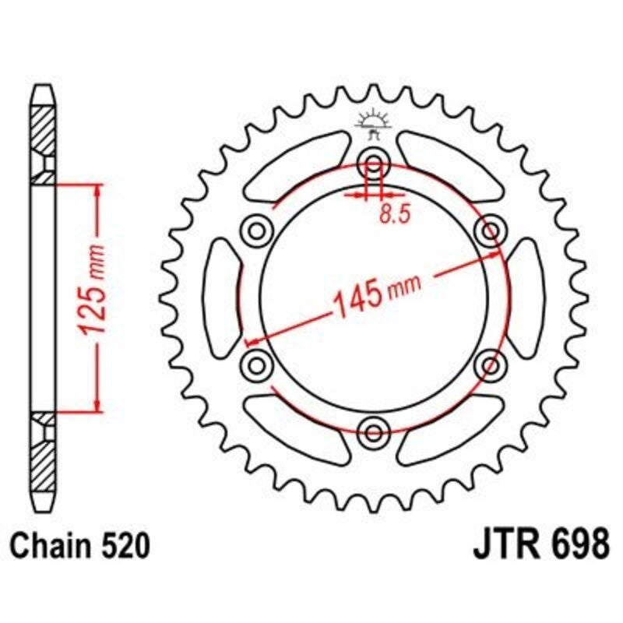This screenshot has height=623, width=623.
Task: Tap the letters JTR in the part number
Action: point(503,543)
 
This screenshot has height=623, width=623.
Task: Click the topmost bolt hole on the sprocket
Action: point(374,165)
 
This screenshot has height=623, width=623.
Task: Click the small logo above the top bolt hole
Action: point(373,124)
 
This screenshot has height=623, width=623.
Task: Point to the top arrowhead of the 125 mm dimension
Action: point(97,191)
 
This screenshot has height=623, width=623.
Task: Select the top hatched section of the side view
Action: point(45,128)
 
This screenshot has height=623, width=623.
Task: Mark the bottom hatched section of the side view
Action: point(45,463)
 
